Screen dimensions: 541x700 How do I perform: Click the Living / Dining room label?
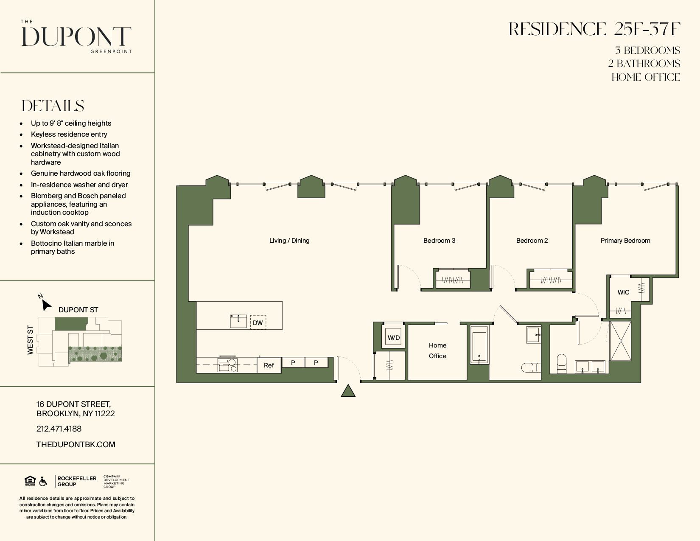pyautogui.click(x=289, y=241)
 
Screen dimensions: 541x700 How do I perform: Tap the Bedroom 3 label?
pyautogui.click(x=439, y=241)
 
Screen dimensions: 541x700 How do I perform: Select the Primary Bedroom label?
pyautogui.click(x=625, y=241)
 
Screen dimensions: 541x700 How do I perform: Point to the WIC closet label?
pyautogui.click(x=623, y=292)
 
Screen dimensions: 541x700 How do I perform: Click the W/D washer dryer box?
pyautogui.click(x=393, y=337)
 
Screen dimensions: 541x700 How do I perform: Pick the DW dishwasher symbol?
pyautogui.click(x=258, y=322)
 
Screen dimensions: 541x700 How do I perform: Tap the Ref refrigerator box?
pyautogui.click(x=269, y=365)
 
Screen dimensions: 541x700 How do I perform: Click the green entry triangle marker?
pyautogui.click(x=348, y=391)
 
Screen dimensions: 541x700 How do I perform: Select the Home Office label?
pyautogui.click(x=437, y=350)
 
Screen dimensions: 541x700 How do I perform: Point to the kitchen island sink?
pyautogui.click(x=238, y=321)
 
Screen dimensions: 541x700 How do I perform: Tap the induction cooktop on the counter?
pyautogui.click(x=227, y=364)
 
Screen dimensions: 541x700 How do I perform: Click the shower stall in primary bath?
pyautogui.click(x=620, y=341)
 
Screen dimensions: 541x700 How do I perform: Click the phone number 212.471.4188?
pyautogui.click(x=59, y=429)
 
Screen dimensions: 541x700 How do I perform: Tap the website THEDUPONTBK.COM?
pyautogui.click(x=76, y=444)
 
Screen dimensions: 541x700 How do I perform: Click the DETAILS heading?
pyautogui.click(x=53, y=106)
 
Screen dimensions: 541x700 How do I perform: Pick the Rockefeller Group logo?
pyautogui.click(x=76, y=481)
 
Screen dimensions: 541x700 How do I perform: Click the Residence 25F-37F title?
pyautogui.click(x=594, y=29)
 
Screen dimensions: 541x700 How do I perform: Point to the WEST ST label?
pyautogui.click(x=30, y=340)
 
